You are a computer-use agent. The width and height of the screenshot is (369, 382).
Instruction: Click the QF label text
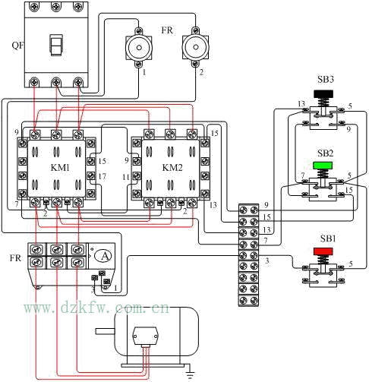(17, 46)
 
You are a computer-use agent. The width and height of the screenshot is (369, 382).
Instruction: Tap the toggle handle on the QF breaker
(55, 45)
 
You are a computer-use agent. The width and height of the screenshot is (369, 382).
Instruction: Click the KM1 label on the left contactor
(60, 168)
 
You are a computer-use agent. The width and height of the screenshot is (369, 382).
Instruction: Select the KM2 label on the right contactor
(172, 168)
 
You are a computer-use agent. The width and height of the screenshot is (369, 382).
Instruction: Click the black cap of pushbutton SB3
(323, 94)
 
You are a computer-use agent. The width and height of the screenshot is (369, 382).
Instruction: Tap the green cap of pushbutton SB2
(323, 166)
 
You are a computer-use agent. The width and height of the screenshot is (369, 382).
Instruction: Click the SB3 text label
(326, 80)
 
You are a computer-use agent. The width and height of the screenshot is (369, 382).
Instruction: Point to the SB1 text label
(328, 238)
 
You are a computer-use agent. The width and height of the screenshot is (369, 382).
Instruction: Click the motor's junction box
(145, 336)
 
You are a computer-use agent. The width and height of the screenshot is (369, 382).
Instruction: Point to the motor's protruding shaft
(105, 331)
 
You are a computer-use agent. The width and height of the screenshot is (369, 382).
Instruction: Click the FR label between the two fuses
(167, 30)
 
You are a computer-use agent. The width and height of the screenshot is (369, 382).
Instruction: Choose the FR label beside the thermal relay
(15, 258)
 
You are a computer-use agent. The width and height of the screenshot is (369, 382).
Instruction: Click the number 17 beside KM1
(102, 176)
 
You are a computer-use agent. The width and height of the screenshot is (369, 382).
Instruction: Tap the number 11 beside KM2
(126, 177)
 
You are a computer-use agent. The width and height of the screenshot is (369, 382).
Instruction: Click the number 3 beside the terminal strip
(267, 260)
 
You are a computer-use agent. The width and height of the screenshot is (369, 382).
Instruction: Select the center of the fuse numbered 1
(139, 48)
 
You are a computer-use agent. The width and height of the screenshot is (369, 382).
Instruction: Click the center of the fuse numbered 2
(195, 47)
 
